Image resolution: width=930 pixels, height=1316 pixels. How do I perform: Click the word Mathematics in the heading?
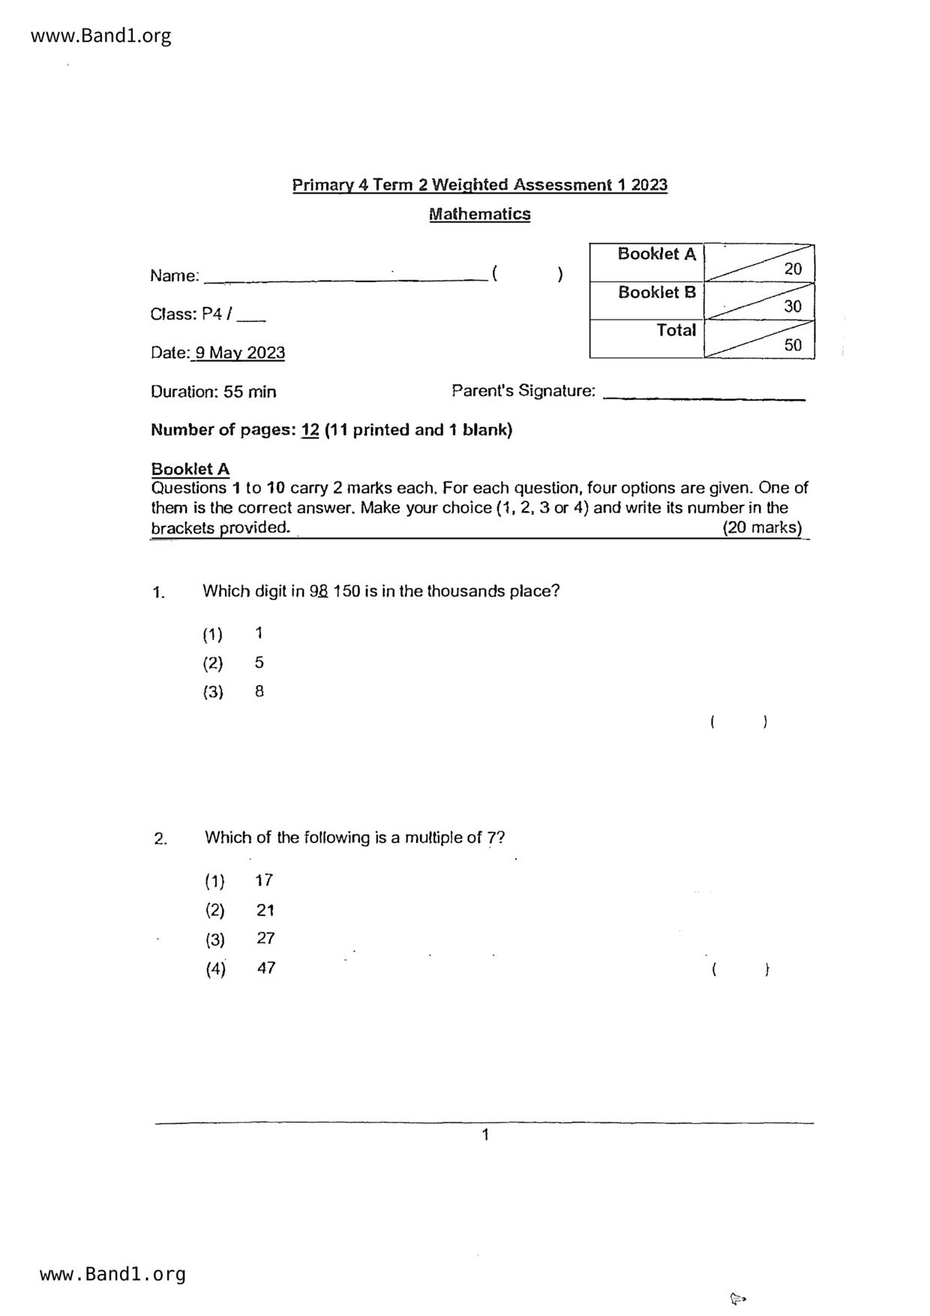[479, 215]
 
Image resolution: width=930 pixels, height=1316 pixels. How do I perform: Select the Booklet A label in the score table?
[656, 254]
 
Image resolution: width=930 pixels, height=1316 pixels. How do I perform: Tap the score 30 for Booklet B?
[792, 306]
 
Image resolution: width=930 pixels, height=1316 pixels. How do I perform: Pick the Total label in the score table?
[676, 331]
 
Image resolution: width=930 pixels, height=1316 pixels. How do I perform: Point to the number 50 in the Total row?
[792, 345]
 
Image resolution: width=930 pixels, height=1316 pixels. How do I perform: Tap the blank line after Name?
[345, 279]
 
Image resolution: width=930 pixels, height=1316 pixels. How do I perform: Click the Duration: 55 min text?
[213, 392]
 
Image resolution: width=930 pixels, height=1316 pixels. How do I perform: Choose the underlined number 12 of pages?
[310, 431]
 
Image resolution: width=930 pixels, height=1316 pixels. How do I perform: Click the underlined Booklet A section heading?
[190, 470]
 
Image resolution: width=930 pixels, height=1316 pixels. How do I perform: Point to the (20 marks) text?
[762, 527]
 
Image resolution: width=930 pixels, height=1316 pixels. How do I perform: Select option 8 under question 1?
[259, 692]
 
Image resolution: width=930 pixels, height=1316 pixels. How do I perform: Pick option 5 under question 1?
[259, 663]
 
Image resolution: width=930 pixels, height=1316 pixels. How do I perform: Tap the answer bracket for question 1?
[738, 723]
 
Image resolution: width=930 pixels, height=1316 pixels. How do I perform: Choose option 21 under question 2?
[265, 910]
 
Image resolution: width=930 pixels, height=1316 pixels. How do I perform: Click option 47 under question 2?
[265, 968]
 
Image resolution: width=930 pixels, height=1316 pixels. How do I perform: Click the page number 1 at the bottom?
[485, 1135]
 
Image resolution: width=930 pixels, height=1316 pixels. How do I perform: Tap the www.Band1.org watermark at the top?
[101, 36]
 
